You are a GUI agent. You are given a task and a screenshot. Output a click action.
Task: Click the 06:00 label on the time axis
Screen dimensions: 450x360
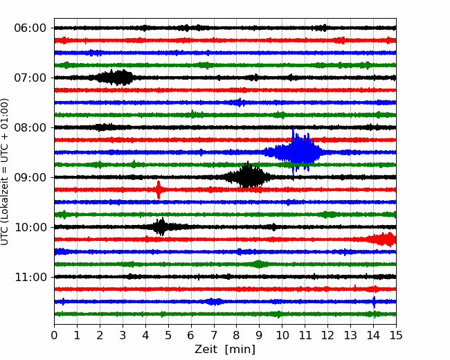tap(30, 28)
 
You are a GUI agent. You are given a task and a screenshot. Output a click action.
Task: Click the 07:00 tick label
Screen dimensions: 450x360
tap(30, 78)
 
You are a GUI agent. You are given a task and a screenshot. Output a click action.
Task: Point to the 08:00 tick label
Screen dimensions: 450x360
tap(30, 127)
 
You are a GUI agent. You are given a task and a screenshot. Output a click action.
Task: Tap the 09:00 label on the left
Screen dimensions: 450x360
tap(30, 177)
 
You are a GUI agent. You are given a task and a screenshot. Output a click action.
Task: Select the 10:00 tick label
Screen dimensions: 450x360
tap(30, 227)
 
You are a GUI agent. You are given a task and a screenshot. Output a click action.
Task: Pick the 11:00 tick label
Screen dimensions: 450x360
tap(30, 277)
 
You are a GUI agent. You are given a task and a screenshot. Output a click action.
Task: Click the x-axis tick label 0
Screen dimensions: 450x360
tap(54, 335)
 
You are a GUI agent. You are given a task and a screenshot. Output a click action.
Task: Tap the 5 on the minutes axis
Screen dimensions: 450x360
tap(168, 335)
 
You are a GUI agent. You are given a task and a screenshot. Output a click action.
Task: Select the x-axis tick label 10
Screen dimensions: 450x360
tap(282, 335)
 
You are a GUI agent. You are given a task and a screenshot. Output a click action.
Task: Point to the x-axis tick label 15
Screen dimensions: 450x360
tap(396, 335)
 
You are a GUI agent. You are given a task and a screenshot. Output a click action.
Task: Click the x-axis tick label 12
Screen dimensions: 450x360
tap(327, 335)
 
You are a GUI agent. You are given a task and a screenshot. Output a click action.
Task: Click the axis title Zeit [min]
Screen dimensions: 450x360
tap(225, 350)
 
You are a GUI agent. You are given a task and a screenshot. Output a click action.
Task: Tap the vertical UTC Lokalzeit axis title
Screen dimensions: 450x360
tap(4, 172)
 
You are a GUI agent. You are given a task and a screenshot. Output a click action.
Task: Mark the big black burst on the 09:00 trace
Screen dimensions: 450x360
tap(247, 177)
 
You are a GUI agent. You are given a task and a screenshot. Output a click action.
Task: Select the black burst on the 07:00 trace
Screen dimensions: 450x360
tap(115, 78)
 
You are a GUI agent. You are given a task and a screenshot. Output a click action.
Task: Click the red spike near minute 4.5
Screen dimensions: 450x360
tap(159, 190)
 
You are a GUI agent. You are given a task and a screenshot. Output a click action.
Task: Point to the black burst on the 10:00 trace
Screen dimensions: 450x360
tap(160, 227)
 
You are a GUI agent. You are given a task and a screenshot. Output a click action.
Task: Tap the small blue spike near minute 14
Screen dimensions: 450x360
tap(374, 302)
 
